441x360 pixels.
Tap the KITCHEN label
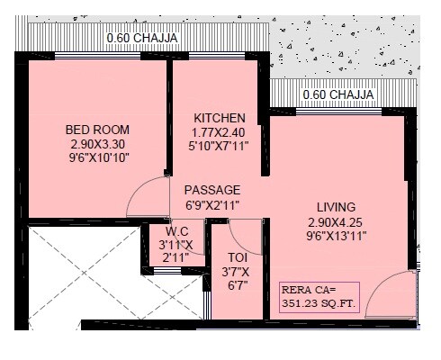(x=220, y=118)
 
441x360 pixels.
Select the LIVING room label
(x=336, y=206)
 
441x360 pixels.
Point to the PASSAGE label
(x=212, y=190)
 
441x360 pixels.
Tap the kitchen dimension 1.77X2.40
(x=220, y=131)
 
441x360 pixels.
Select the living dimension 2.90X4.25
(x=336, y=221)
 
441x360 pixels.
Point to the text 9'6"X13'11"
(x=336, y=237)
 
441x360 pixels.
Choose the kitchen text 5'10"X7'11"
(x=220, y=146)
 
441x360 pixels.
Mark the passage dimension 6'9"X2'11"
(x=212, y=204)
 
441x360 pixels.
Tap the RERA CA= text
(x=307, y=290)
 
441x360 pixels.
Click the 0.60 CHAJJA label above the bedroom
(x=142, y=38)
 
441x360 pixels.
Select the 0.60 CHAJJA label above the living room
(x=338, y=94)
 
